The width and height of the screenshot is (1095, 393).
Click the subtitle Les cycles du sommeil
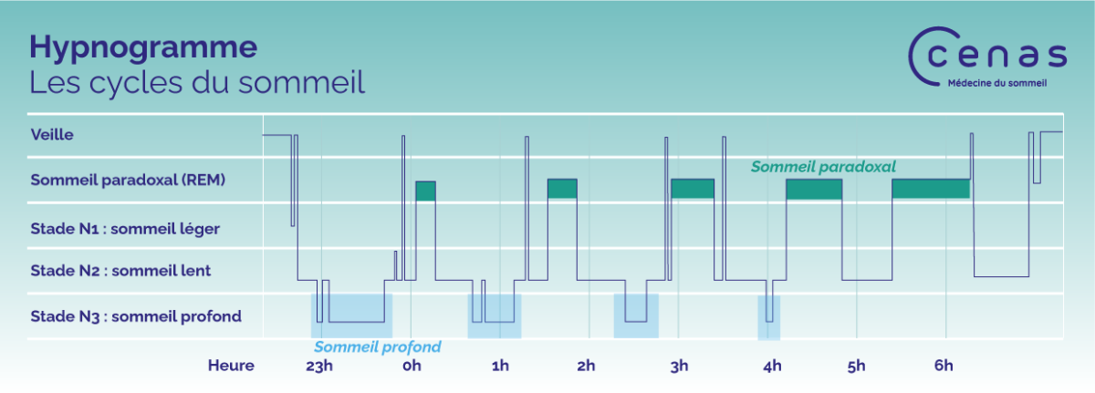pyautogui.click(x=197, y=82)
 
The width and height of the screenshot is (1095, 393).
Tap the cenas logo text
pyautogui.click(x=996, y=56)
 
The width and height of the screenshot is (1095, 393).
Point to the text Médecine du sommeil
pyautogui.click(x=997, y=83)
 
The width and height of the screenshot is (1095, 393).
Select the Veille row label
pyautogui.click(x=52, y=134)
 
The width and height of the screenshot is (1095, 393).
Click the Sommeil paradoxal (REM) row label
pyautogui.click(x=128, y=180)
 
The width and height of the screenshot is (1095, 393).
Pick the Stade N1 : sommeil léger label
pyautogui.click(x=125, y=229)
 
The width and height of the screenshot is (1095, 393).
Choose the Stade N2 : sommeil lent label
pyautogui.click(x=120, y=270)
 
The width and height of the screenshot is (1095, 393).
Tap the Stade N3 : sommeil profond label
pyautogui.click(x=136, y=316)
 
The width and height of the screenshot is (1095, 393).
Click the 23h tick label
pyautogui.click(x=319, y=366)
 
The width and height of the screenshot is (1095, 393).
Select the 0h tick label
pyautogui.click(x=412, y=366)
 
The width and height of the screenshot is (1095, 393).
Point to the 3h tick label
pyautogui.click(x=679, y=366)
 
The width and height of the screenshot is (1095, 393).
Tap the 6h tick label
pyautogui.click(x=944, y=365)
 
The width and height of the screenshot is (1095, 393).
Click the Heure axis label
pyautogui.click(x=231, y=365)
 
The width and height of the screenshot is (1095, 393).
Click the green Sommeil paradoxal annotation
pyautogui.click(x=823, y=167)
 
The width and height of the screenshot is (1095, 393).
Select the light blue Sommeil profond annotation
pyautogui.click(x=377, y=346)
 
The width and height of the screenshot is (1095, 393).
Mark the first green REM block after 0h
pyautogui.click(x=425, y=191)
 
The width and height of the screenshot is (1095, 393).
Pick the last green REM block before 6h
pyautogui.click(x=931, y=189)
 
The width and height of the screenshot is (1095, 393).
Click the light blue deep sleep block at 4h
pyautogui.click(x=769, y=318)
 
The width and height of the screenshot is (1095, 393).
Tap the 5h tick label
pyautogui.click(x=857, y=366)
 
